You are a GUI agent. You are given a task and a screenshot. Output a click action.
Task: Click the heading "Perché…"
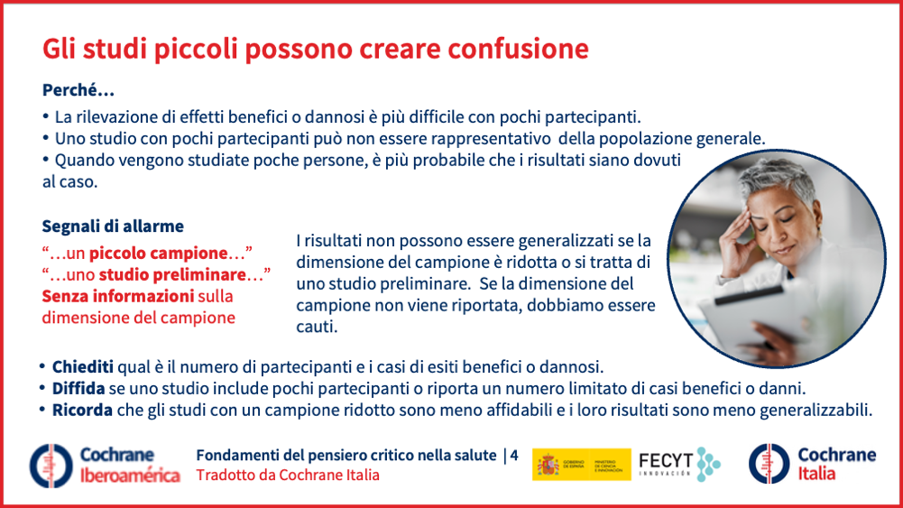tap(78, 90)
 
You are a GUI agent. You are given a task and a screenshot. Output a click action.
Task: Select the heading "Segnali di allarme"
tap(113, 226)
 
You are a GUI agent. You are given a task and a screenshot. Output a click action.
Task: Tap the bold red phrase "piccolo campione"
tap(159, 253)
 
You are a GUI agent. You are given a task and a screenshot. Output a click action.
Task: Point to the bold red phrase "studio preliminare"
tap(173, 274)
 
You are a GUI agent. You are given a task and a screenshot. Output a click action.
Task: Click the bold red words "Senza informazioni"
tap(117, 296)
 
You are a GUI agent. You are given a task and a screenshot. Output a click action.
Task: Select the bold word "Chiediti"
tap(83, 367)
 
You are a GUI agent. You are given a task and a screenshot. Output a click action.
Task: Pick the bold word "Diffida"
tap(78, 388)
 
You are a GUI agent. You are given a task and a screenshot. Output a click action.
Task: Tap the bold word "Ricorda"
tap(82, 410)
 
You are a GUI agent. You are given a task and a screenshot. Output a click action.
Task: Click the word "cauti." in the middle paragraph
tap(317, 327)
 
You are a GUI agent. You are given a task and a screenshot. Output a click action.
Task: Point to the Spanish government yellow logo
tap(581, 464)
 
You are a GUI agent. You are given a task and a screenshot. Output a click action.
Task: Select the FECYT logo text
tap(666, 463)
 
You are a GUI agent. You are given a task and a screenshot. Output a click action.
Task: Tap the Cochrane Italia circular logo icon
tap(769, 464)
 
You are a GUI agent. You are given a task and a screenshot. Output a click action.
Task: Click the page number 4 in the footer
tap(513, 455)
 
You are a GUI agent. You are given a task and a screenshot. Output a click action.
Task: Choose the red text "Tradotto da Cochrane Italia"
tap(288, 476)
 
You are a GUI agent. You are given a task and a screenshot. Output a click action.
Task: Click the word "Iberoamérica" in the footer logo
tap(130, 476)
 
